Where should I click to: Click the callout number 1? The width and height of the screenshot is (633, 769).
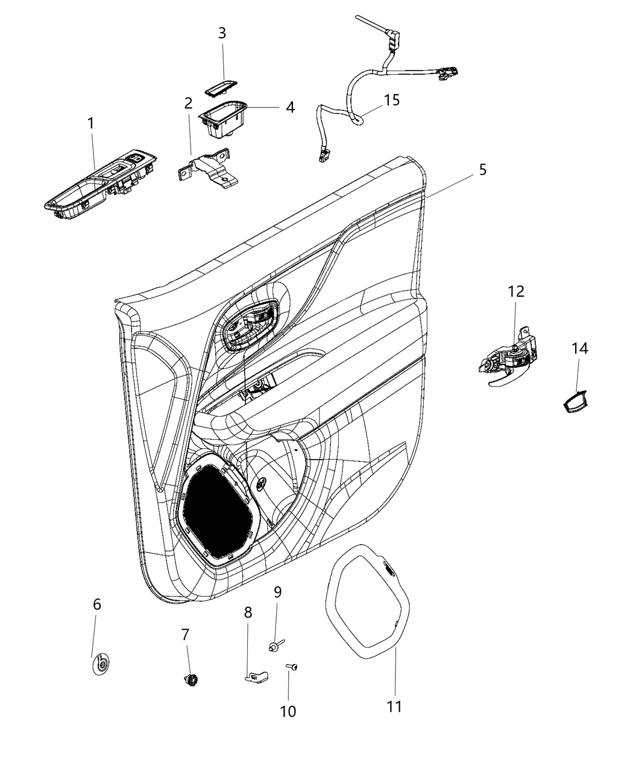click(x=90, y=124)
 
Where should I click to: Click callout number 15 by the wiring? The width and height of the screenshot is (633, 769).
click(x=392, y=100)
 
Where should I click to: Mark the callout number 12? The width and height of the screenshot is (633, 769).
click(x=515, y=291)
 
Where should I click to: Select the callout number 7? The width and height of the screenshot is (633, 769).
click(x=185, y=635)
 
